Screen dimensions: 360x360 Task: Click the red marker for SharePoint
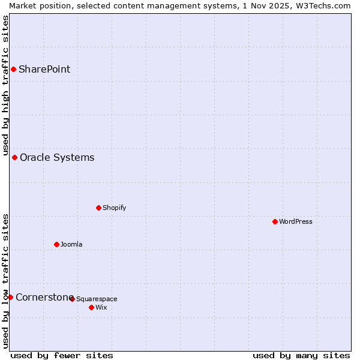(13, 69)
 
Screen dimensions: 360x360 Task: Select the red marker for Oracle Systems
(15, 158)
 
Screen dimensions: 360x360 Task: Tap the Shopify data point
(98, 208)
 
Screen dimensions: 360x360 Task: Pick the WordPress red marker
(275, 222)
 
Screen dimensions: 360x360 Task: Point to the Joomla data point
(56, 244)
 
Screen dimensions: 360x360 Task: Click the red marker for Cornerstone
(10, 297)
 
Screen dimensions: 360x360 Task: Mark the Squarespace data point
(72, 299)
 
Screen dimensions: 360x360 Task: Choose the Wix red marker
(91, 307)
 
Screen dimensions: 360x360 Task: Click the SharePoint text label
(44, 69)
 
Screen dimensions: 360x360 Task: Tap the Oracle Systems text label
(57, 158)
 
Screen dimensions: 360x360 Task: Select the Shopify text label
(114, 208)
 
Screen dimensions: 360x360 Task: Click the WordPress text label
(295, 222)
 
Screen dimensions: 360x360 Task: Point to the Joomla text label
(71, 244)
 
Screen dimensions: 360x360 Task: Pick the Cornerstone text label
(44, 297)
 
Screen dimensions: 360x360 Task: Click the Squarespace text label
(97, 299)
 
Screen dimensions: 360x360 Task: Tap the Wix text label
(101, 307)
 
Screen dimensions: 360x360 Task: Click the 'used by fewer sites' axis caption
(62, 355)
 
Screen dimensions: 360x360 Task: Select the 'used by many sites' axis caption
(301, 355)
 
